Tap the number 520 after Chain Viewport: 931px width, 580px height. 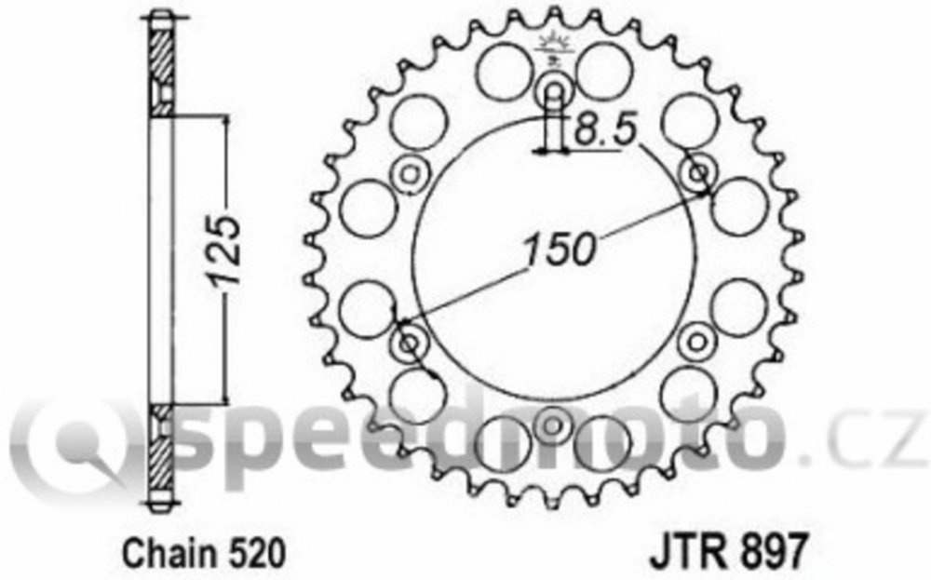point(255,553)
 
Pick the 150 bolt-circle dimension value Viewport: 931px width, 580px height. point(559,249)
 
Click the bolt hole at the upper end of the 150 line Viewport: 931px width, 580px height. point(697,173)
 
